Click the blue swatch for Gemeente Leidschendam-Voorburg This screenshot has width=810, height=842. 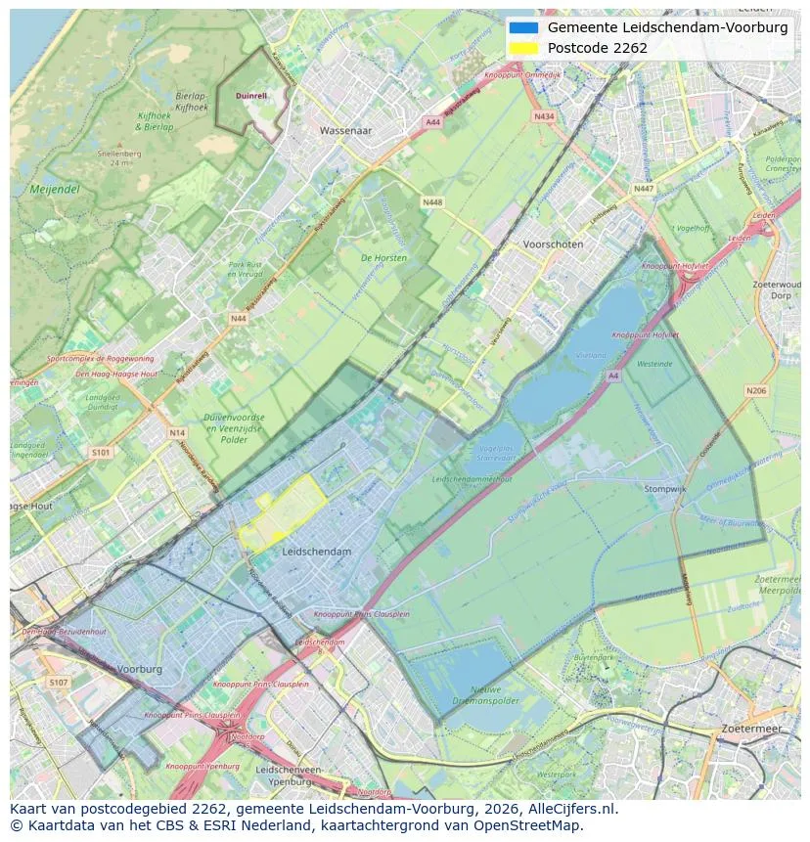523,27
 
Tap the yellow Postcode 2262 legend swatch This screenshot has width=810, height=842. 523,48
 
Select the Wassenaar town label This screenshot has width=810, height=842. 346,129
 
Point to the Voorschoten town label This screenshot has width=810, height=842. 553,244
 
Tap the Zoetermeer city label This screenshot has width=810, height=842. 750,729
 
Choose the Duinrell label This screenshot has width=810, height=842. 251,96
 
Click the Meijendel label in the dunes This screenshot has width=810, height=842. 55,189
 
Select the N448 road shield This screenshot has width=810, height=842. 431,202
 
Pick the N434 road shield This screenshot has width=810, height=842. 544,116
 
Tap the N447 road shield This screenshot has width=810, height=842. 643,189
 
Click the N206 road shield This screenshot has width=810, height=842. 756,391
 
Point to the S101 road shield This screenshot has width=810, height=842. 102,453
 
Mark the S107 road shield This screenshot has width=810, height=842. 58,682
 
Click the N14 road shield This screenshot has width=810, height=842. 176,432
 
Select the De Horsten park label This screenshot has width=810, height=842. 383,258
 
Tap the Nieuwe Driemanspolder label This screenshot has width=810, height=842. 478,693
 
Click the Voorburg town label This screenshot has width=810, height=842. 139,669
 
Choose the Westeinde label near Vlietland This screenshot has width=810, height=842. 654,364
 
